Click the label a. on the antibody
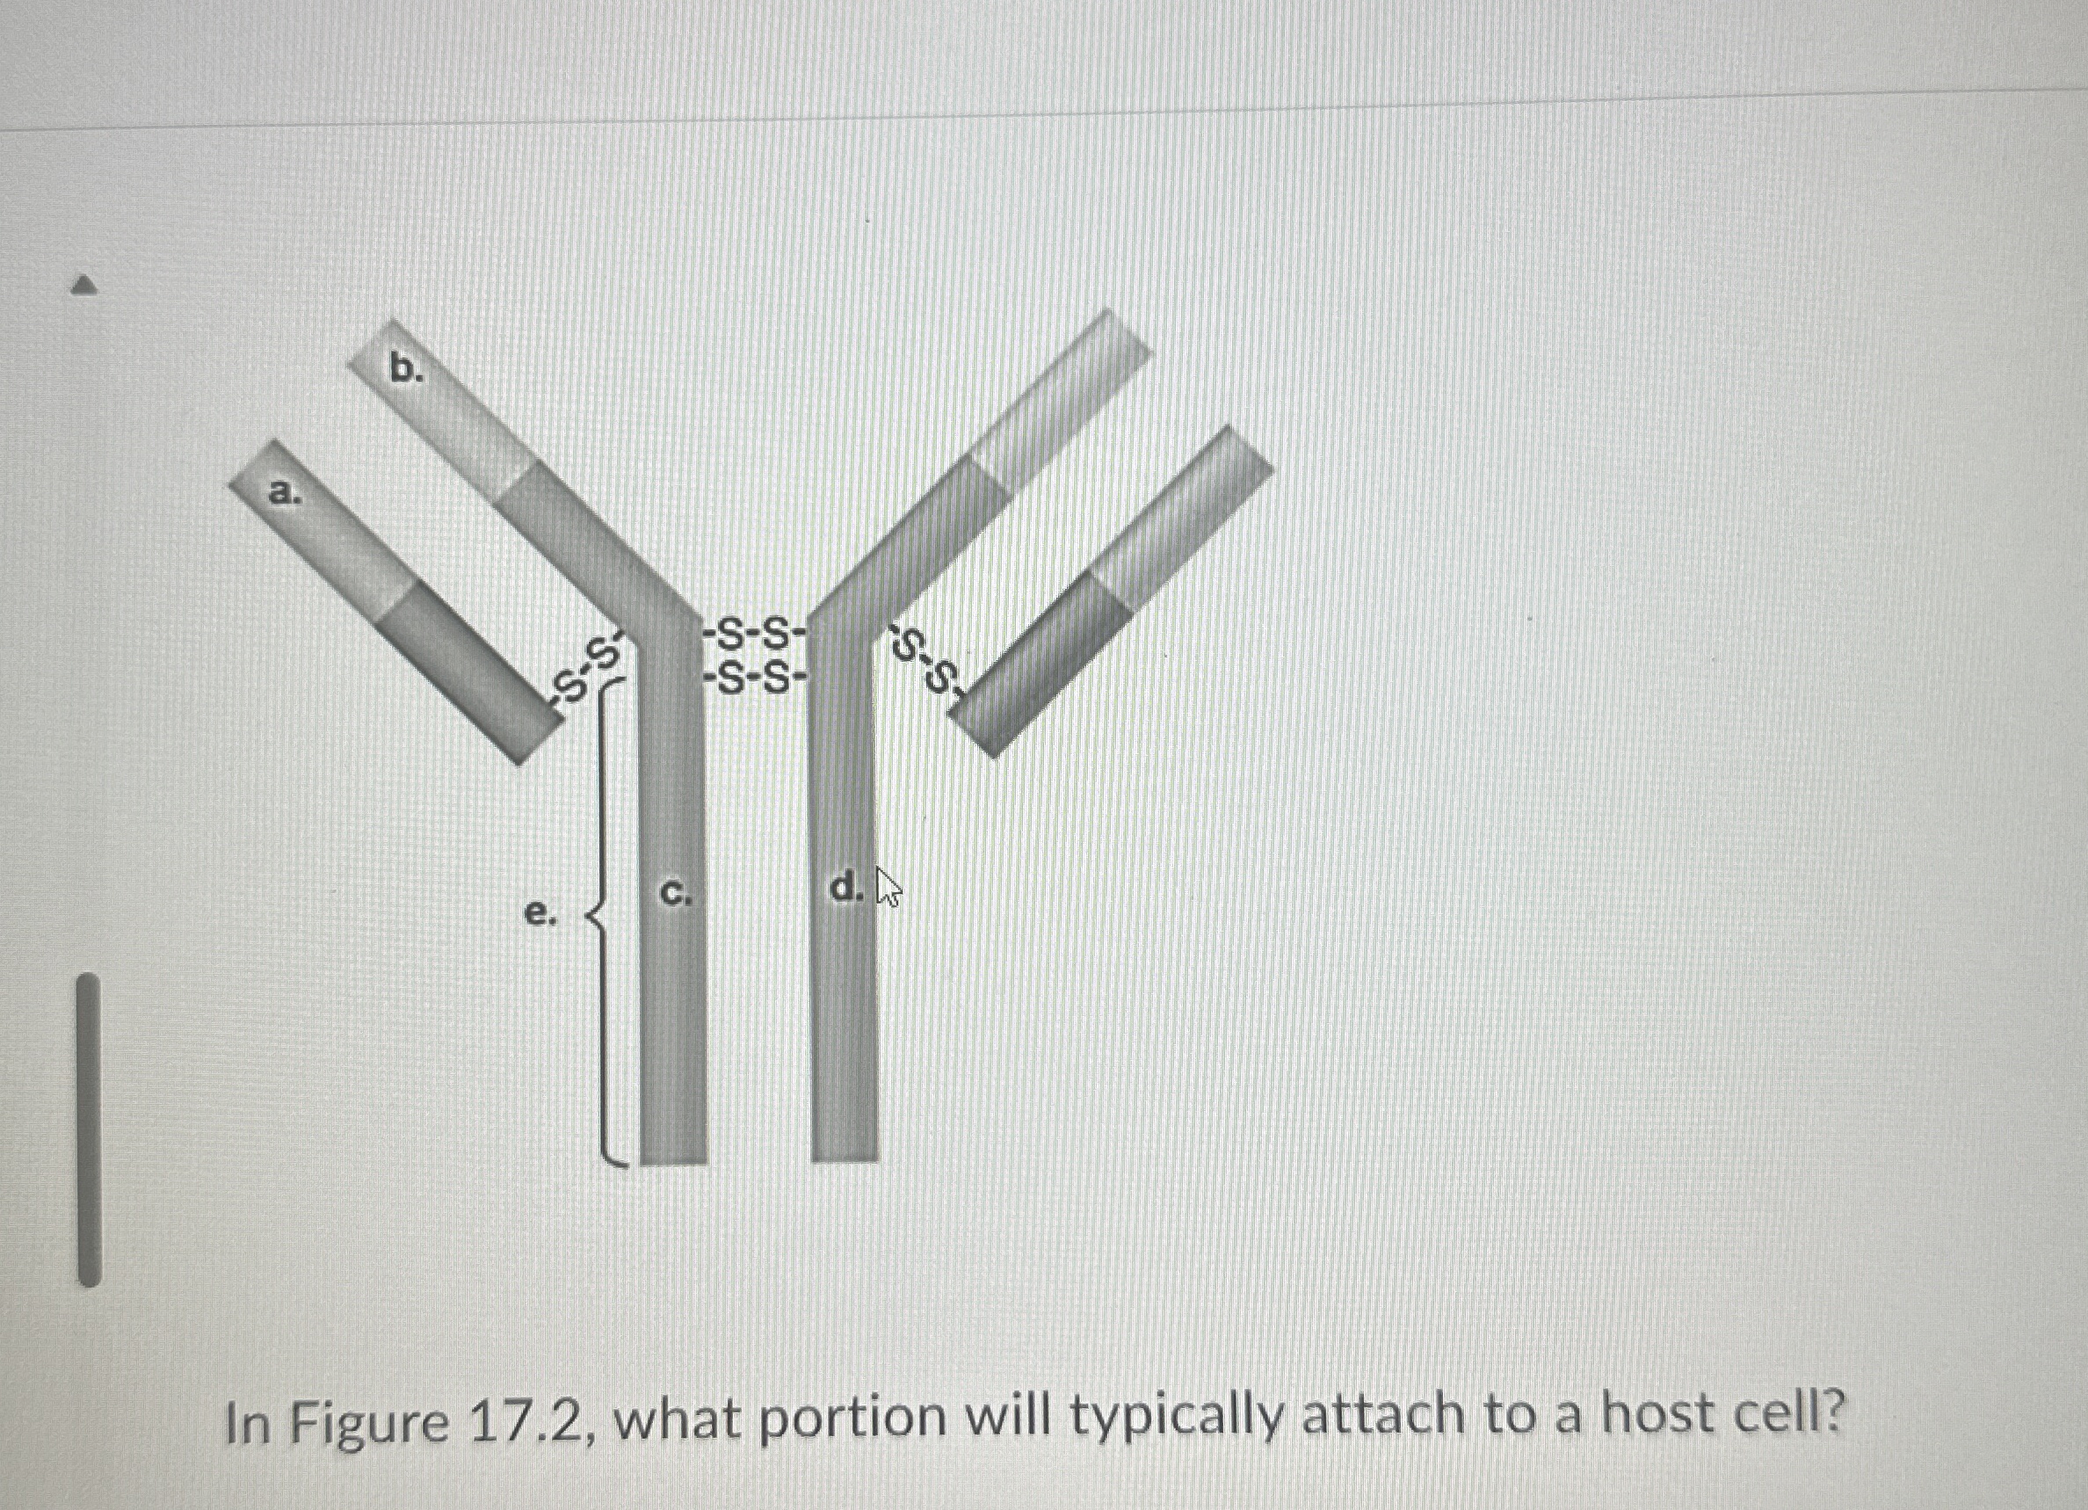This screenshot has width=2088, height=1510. [x=284, y=493]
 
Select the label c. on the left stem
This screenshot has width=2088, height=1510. [x=676, y=892]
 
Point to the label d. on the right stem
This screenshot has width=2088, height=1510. [x=846, y=889]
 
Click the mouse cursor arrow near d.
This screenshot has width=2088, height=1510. [x=888, y=888]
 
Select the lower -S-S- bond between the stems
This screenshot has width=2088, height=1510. [x=754, y=680]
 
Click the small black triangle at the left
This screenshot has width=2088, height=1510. [x=83, y=286]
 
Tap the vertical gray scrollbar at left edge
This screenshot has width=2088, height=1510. [x=89, y=1129]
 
